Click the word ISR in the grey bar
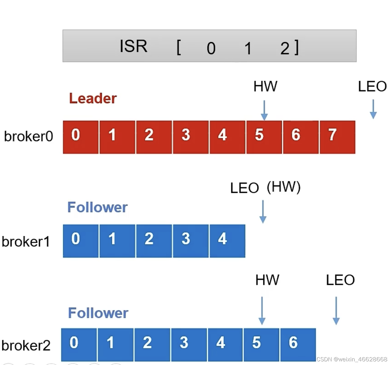point(133,46)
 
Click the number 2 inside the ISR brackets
point(285,48)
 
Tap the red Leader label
point(93,98)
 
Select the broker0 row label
point(28,136)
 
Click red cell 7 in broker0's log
point(337,137)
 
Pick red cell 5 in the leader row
point(264,137)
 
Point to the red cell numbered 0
point(81,137)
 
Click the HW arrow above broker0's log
point(264,110)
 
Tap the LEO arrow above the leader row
point(373,109)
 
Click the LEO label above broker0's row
point(372,86)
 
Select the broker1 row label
point(26,242)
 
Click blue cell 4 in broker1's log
point(227,241)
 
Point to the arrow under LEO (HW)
point(263,211)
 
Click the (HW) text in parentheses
point(284,187)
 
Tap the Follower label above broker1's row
point(97,207)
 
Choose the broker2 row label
point(26,345)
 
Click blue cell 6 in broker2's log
point(298,345)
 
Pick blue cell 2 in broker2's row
point(152,345)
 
